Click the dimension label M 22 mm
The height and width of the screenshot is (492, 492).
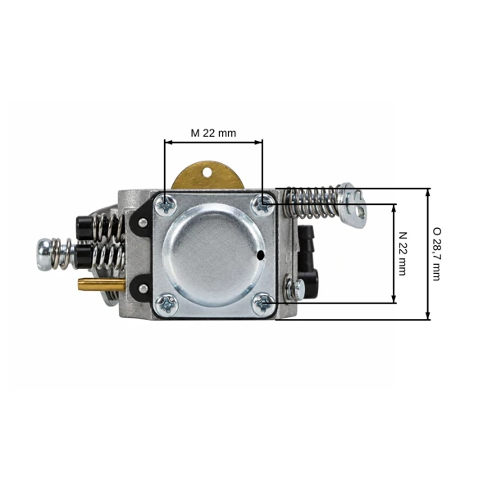click(213, 133)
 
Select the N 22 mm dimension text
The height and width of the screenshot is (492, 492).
click(403, 253)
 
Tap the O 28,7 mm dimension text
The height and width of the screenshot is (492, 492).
click(436, 254)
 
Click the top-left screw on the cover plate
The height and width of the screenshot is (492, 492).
click(166, 205)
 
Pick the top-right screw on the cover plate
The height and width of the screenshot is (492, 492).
click(263, 204)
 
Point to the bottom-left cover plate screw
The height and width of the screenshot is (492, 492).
click(167, 304)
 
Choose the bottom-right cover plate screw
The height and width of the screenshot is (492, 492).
click(263, 303)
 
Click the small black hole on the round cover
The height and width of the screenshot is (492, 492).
click(260, 256)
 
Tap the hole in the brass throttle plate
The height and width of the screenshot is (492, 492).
click(207, 172)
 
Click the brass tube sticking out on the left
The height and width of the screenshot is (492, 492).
click(102, 285)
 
